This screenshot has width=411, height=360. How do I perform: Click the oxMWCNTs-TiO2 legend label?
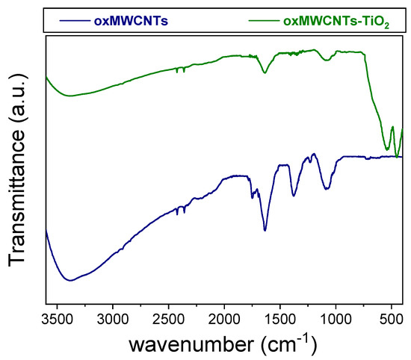(336, 22)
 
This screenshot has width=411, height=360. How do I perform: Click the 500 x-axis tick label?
(391, 320)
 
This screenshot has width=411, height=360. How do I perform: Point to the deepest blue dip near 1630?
(265, 230)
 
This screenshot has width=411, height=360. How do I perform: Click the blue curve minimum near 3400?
(70, 280)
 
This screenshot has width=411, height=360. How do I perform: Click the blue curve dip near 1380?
(294, 196)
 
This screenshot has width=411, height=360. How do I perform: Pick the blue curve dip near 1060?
(328, 189)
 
